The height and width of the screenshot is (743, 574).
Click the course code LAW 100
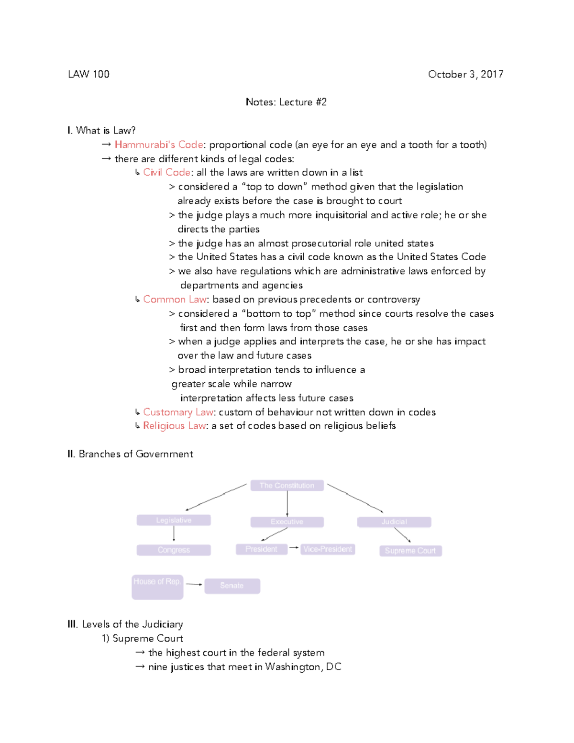pyautogui.click(x=88, y=74)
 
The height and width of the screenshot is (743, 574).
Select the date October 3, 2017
pyautogui.click(x=465, y=74)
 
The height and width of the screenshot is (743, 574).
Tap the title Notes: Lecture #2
pyautogui.click(x=286, y=102)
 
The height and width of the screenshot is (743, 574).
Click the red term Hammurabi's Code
pyautogui.click(x=159, y=144)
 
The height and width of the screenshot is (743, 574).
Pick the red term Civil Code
pyautogui.click(x=166, y=172)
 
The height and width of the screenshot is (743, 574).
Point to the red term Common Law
pyautogui.click(x=175, y=299)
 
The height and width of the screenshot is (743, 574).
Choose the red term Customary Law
pyautogui.click(x=178, y=412)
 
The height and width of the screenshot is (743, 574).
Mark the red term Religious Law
pyautogui.click(x=175, y=426)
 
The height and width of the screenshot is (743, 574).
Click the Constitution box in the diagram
pyautogui.click(x=287, y=486)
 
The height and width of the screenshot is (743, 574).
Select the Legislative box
pyautogui.click(x=174, y=520)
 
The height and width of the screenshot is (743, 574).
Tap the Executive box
pyautogui.click(x=287, y=521)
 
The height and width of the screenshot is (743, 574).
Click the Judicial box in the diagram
pyautogui.click(x=394, y=521)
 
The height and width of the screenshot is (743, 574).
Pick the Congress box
pyautogui.click(x=174, y=550)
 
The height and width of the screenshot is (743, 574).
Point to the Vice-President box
pyautogui.click(x=328, y=549)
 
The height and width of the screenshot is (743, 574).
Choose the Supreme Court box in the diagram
pyautogui.click(x=410, y=551)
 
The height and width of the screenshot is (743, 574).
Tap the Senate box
pyautogui.click(x=232, y=586)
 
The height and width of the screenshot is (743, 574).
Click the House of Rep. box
pyautogui.click(x=157, y=587)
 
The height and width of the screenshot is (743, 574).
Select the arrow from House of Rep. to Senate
pyautogui.click(x=194, y=584)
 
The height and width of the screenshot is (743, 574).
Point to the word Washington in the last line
pyautogui.click(x=293, y=666)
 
